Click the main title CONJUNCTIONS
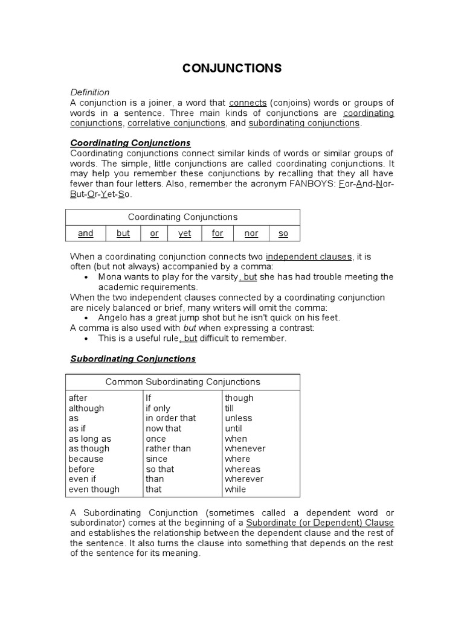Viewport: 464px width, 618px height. tap(232, 68)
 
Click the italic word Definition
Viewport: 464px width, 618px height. tap(90, 92)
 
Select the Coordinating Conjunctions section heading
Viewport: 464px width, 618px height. tap(130, 143)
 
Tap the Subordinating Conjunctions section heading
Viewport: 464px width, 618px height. tap(133, 358)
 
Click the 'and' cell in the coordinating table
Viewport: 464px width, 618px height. tap(86, 233)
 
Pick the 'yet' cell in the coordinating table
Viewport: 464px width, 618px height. tap(184, 233)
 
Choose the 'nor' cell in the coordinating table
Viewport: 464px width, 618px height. tap(251, 233)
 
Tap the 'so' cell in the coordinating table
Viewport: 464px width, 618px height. tap(283, 233)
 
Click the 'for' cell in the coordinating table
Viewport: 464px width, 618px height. tap(217, 233)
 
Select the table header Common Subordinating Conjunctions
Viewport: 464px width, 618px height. tap(182, 381)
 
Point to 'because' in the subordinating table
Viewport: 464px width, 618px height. tap(86, 459)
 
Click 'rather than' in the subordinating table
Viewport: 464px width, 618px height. tap(168, 448)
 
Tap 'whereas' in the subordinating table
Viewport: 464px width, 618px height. tap(242, 469)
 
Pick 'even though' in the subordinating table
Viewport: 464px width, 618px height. tap(94, 489)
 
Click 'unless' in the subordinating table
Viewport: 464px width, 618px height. tap(239, 418)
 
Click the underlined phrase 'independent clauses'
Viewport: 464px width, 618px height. tap(308, 256)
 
